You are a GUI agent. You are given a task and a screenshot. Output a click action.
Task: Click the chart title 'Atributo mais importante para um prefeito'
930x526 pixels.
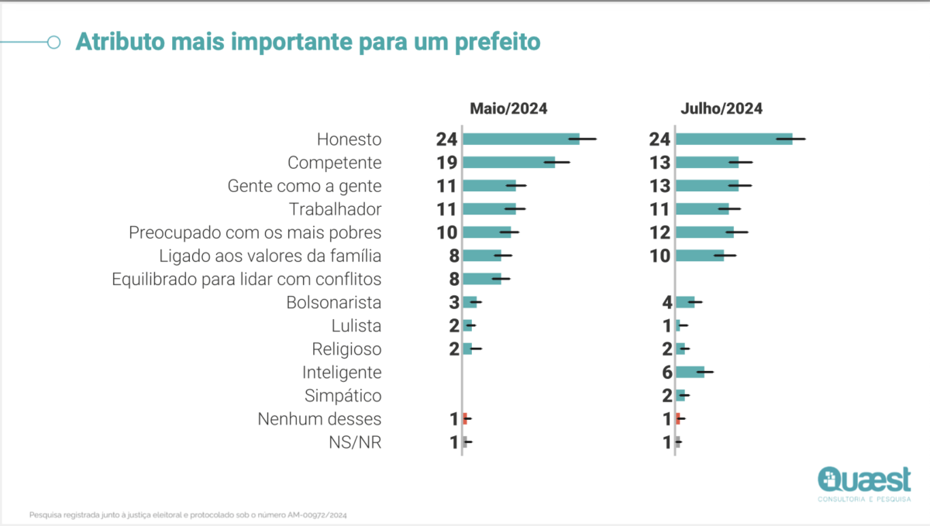pos(308,42)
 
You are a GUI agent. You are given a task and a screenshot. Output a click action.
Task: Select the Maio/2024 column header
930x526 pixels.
pos(508,108)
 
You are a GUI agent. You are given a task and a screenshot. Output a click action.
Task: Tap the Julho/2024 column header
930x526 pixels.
pos(722,108)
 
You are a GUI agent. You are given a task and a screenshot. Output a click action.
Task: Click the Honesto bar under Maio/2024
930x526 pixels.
pos(522,139)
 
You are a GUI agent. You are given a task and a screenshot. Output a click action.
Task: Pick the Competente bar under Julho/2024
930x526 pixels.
pos(708,163)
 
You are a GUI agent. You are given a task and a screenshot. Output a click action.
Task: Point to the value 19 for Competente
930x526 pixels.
pos(446,163)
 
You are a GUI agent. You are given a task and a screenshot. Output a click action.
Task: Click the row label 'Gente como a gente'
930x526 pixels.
pos(305,187)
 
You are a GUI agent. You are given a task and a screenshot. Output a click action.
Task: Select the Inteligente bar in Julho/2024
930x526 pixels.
pos(691,372)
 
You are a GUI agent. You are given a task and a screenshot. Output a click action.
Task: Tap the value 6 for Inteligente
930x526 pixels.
pos(667,373)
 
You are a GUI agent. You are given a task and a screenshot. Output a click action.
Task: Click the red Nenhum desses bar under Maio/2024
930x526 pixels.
pos(466,418)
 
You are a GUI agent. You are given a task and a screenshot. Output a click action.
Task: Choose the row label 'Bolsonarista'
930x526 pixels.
pos(334,303)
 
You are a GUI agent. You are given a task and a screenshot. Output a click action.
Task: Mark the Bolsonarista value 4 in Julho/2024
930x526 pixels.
pos(667,303)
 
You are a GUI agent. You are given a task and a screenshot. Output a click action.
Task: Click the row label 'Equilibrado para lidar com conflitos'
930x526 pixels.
pos(246,280)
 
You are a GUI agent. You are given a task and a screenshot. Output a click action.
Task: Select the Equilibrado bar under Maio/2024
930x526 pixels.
pos(482,279)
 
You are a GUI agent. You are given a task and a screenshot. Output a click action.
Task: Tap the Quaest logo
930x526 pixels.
pos(864,484)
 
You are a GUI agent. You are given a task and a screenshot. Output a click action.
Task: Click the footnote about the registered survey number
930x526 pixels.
pos(188,515)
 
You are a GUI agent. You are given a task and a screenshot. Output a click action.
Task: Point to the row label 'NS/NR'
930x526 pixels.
pos(355,442)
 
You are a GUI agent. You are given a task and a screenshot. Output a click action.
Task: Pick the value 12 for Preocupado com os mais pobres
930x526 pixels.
pos(660,233)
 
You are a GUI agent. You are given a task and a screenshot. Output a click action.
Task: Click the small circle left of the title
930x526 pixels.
pos(54,42)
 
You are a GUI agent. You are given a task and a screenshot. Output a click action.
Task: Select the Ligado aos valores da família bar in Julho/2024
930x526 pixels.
pos(700,256)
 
